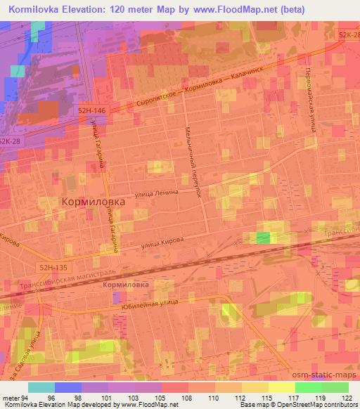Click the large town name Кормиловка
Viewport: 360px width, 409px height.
94,201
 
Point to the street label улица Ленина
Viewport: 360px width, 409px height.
162,195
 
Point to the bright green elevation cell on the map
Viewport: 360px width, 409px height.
263,238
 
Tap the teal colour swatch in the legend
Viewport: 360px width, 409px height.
41,387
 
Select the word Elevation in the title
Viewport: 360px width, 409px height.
87,11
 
